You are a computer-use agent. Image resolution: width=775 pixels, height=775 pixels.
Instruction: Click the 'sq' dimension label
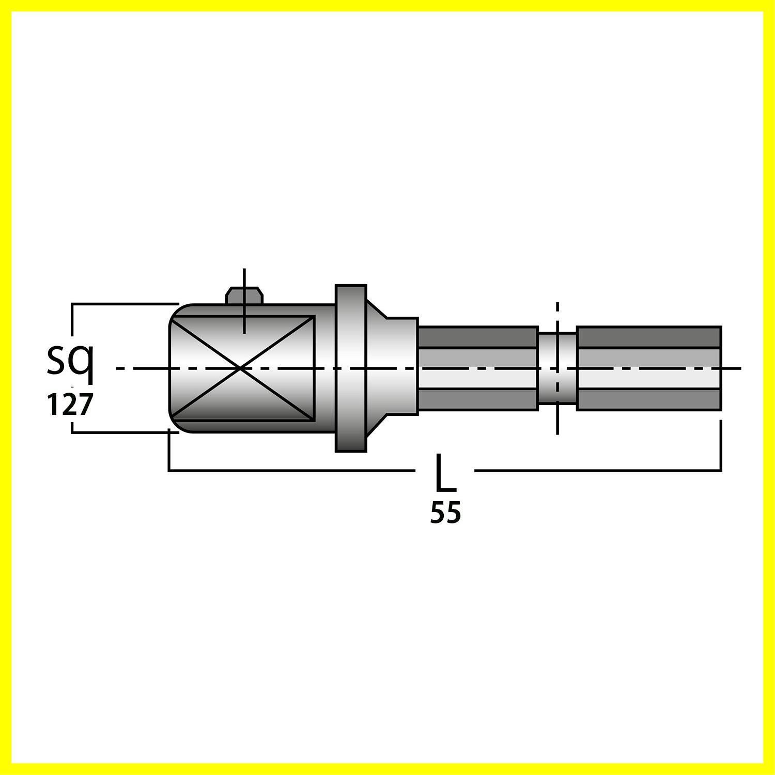pos(70,362)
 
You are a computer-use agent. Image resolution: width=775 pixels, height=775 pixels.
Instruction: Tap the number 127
pos(69,405)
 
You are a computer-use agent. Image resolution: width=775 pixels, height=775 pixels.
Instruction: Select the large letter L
pos(446,472)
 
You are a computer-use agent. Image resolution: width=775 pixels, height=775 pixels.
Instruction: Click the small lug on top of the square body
pos(244,296)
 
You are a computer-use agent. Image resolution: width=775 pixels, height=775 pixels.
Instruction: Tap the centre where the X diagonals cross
pos(242,368)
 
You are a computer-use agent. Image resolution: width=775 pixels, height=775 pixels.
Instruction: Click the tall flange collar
pos(351,368)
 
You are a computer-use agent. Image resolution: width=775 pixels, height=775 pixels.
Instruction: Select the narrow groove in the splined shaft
pos(557,368)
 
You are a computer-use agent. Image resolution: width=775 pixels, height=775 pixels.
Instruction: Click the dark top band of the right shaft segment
pos(649,337)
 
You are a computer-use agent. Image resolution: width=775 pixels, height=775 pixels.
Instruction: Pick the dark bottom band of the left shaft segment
pos(478,400)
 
